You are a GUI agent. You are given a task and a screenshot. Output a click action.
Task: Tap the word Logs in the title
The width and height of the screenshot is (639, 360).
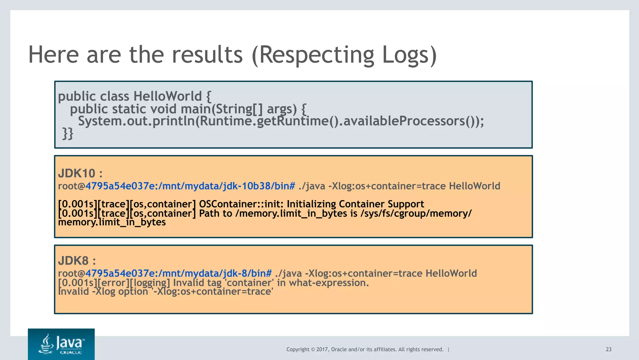tap(406, 55)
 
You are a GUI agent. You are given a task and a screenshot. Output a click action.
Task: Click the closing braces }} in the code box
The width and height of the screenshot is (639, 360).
tap(68, 133)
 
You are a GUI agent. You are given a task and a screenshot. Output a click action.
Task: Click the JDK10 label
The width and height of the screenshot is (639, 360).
tap(77, 173)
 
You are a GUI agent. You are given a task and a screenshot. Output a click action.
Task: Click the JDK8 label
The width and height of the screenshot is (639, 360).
tap(74, 260)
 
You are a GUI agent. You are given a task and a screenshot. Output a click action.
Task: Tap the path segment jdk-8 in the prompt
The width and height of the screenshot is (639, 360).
tap(237, 274)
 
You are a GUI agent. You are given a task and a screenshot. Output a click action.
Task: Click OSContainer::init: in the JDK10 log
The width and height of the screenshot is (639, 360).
tap(241, 204)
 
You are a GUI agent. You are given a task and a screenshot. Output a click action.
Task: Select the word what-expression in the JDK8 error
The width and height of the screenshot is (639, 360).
tap(329, 283)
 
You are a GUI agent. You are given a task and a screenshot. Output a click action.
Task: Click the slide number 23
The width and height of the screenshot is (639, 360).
tap(608, 349)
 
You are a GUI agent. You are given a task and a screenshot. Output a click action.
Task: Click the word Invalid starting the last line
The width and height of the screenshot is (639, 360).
tap(73, 292)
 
